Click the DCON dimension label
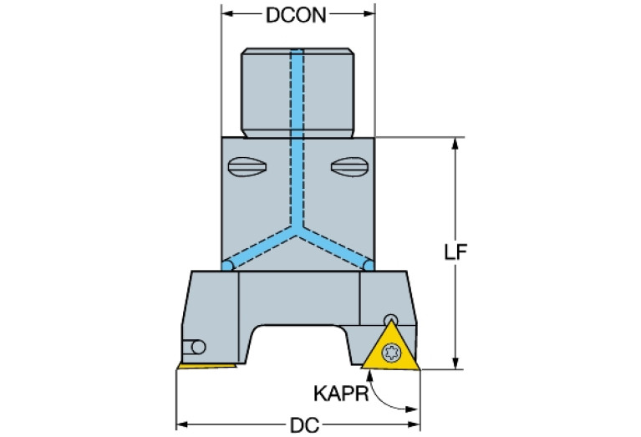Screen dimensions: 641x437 pos(297,16)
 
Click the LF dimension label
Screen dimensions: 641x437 pos(455,252)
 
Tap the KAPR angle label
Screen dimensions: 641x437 pos(341,394)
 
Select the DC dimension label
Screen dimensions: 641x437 pos(304,425)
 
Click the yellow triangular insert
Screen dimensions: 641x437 pos(391,348)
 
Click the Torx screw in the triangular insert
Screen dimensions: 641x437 pos(391,352)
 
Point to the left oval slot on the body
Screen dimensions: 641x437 pos(247,167)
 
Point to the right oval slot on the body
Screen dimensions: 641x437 pos(350,167)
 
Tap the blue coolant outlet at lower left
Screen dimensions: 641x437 pos(227,266)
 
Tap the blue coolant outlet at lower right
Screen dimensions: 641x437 pos(369,266)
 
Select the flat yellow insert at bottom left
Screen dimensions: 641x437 pos(207,366)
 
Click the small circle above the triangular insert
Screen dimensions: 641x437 pos(391,319)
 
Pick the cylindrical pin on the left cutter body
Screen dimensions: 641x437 pos(194,347)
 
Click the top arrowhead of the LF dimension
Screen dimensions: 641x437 pos(455,144)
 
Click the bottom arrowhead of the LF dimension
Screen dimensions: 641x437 pos(455,363)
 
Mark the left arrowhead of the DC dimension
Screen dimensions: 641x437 pos(182,424)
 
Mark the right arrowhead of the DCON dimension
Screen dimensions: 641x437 pos(369,13)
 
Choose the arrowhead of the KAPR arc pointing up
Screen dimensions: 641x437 pos(370,376)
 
